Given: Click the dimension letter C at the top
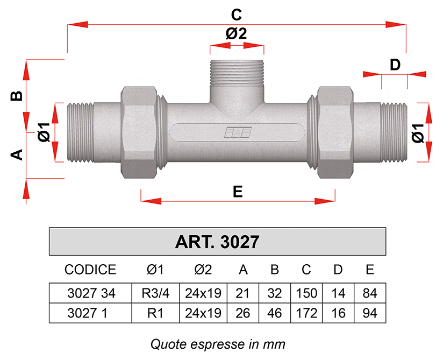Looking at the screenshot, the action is pos(236,15).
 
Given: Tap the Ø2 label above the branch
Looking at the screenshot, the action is pos(236,34).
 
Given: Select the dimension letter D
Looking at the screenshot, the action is pos(395,65).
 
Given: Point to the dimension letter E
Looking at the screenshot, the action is pos(238,192).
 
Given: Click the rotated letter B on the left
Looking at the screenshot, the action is pos(16,96).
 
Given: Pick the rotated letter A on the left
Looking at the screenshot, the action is pos(16,154).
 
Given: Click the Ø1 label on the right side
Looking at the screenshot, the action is pos(418,133).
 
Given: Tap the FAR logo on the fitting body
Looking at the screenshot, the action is pos(238,132).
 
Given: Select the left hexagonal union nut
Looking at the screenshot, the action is pos(139,132).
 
